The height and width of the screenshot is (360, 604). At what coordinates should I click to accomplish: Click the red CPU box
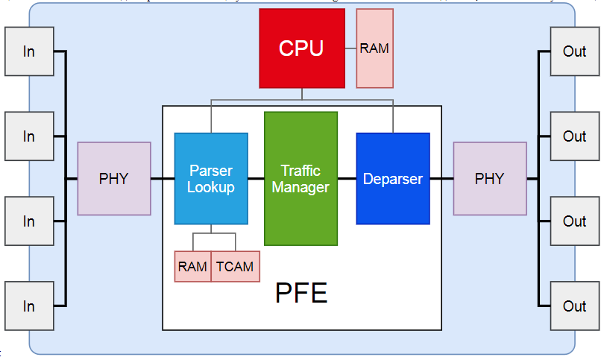pyautogui.click(x=301, y=48)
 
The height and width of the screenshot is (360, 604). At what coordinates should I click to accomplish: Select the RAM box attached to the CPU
pyautogui.click(x=374, y=48)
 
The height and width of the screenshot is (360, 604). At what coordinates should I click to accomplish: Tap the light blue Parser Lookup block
pyautogui.click(x=211, y=179)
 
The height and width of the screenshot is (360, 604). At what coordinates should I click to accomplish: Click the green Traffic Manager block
pyautogui.click(x=301, y=179)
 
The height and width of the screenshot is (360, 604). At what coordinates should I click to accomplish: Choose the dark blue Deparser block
pyautogui.click(x=392, y=179)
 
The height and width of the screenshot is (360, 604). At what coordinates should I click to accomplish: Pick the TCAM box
pyautogui.click(x=235, y=267)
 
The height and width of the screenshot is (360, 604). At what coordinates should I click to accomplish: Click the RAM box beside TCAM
pyautogui.click(x=193, y=267)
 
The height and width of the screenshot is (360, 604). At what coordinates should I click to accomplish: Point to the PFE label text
pyautogui.click(x=301, y=293)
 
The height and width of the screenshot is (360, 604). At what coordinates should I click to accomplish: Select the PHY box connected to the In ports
pyautogui.click(x=114, y=179)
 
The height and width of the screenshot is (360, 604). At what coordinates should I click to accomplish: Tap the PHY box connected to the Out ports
pyautogui.click(x=489, y=179)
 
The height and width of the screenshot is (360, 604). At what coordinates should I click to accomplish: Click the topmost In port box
pyautogui.click(x=29, y=51)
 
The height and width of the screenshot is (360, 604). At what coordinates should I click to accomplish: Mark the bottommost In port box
pyautogui.click(x=29, y=306)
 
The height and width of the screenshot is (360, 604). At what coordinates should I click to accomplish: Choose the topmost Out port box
pyautogui.click(x=574, y=51)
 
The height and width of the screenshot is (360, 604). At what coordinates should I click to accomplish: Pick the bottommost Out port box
pyautogui.click(x=574, y=306)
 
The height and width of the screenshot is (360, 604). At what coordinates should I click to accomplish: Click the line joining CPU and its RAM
pyautogui.click(x=350, y=48)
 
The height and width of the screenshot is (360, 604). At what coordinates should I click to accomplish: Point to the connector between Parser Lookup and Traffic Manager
pyautogui.click(x=256, y=179)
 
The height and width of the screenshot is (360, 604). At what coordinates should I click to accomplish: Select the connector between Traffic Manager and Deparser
pyautogui.click(x=347, y=179)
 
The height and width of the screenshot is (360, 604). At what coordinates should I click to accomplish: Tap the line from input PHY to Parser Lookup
pyautogui.click(x=163, y=179)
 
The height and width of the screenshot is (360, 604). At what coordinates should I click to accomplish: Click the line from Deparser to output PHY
pyautogui.click(x=441, y=179)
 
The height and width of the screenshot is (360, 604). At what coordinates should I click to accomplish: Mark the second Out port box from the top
pyautogui.click(x=574, y=136)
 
